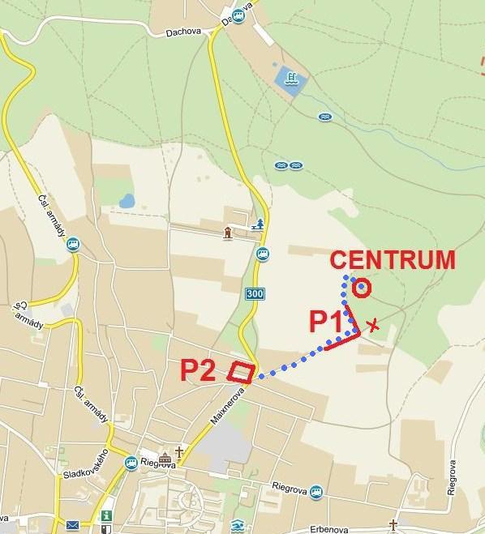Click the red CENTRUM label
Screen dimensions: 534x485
pyautogui.click(x=393, y=260)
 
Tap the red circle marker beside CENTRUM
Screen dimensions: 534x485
pyautogui.click(x=362, y=288)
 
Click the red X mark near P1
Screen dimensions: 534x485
pyautogui.click(x=372, y=325)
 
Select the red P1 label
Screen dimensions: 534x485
pyautogui.click(x=326, y=321)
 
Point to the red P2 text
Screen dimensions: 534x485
pyautogui.click(x=199, y=370)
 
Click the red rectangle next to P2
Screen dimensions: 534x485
pyautogui.click(x=241, y=371)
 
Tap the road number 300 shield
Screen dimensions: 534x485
pyautogui.click(x=254, y=293)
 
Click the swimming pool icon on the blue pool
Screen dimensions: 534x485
pyautogui.click(x=290, y=79)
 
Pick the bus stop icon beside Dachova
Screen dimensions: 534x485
pyautogui.click(x=238, y=15)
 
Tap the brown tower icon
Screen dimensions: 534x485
pyautogui.click(x=229, y=233)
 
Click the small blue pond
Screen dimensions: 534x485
pyautogui.click(x=126, y=200)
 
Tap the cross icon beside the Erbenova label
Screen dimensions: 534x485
pyautogui.click(x=393, y=525)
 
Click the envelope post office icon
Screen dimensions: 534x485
pyautogui.click(x=73, y=526)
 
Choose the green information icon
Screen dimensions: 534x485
pyautogui.click(x=105, y=515)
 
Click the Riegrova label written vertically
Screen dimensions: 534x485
pyautogui.click(x=452, y=478)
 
